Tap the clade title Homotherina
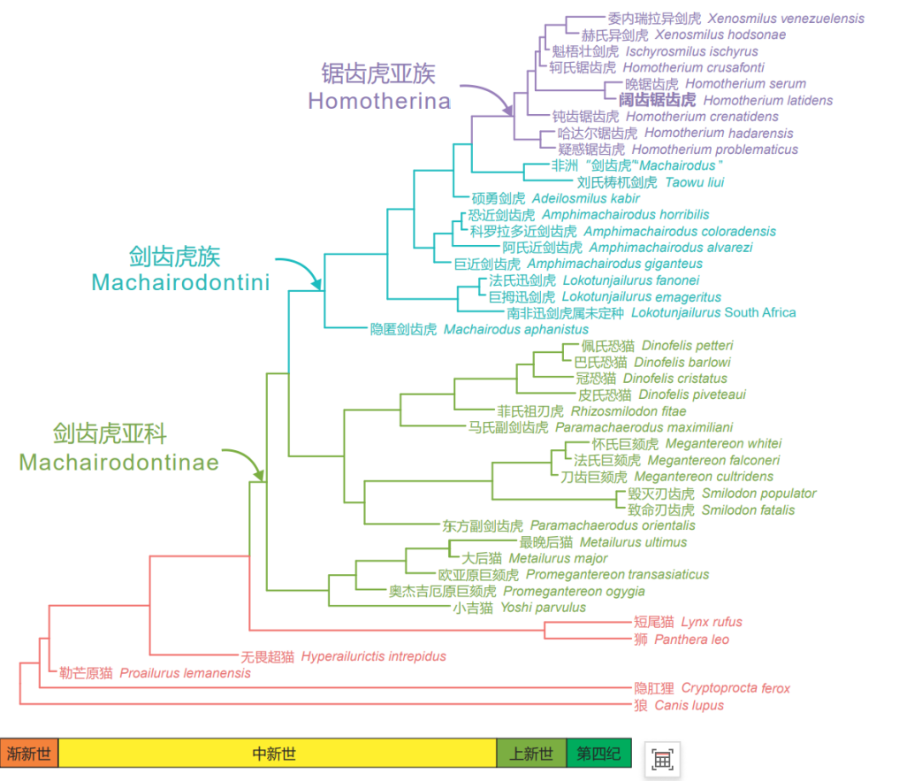tap(379, 100)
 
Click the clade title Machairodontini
tap(180, 282)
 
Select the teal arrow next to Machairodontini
tap(301, 271)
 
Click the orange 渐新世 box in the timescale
tap(29, 754)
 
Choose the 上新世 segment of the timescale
tap(531, 754)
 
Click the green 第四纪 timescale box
tap(599, 754)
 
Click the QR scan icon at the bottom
tap(662, 758)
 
